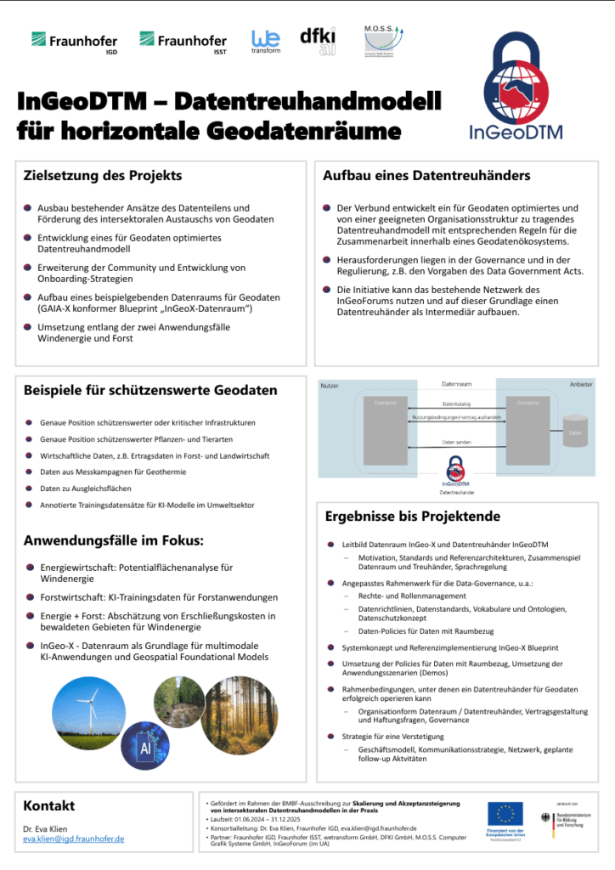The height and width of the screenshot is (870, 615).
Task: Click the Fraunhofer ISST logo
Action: tap(183, 41)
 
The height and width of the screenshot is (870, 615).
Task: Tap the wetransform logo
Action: tap(265, 41)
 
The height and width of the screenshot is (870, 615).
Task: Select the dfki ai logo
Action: tap(317, 40)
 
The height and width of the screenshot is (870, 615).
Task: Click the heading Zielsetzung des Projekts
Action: tap(102, 176)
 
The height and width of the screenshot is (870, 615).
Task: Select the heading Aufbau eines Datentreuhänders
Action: tap(426, 176)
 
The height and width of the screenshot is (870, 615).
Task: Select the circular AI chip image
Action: tap(144, 745)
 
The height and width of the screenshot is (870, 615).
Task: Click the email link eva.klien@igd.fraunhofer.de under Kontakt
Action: tap(74, 838)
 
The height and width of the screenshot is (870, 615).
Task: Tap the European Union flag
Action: tap(505, 813)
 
